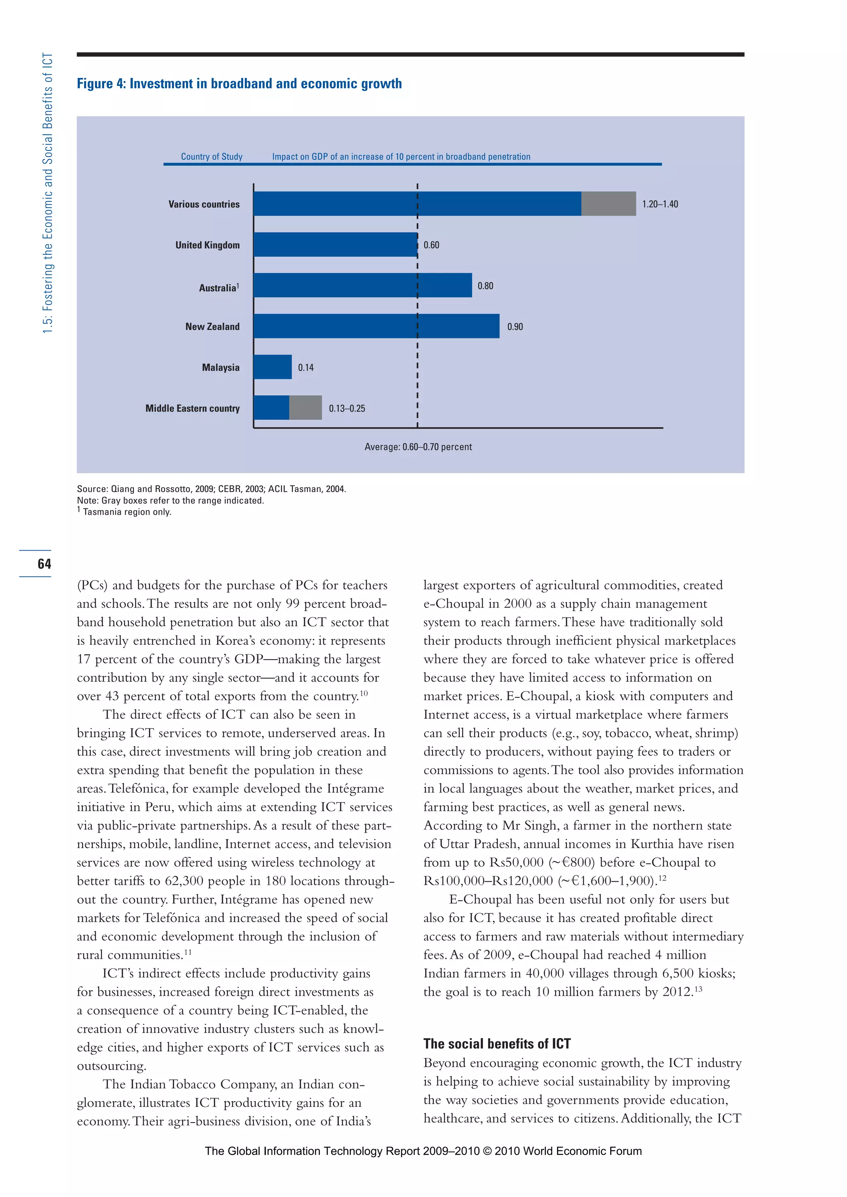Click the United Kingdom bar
[335, 245]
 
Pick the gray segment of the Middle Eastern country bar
[306, 408]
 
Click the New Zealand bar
[376, 327]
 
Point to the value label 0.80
[485, 286]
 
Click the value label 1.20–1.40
[660, 204]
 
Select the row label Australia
[218, 288]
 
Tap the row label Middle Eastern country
[192, 408]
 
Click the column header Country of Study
[212, 156]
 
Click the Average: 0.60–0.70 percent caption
[418, 447]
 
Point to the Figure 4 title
[239, 84]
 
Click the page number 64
[44, 563]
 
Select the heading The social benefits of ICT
[497, 1043]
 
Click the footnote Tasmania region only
[127, 512]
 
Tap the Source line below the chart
[211, 489]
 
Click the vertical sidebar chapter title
[48, 193]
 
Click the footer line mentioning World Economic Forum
[423, 1151]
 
